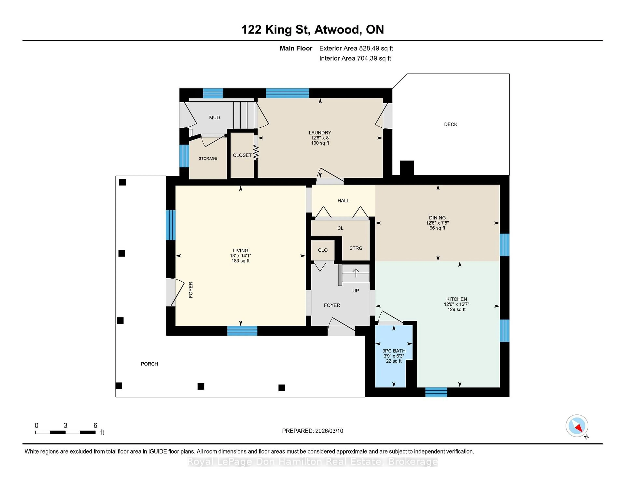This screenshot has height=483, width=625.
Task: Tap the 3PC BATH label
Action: pos(394,351)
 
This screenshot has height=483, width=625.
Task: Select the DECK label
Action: pos(450,124)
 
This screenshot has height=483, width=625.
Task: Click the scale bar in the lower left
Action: pos(65,432)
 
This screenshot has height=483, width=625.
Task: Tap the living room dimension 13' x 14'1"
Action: pos(240,255)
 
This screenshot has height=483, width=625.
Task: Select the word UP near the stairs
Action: pos(355,290)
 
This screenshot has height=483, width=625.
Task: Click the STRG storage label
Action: pos(356,248)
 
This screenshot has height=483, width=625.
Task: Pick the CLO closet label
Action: pos(323,250)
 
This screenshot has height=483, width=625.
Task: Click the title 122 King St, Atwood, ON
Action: pos(312,29)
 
